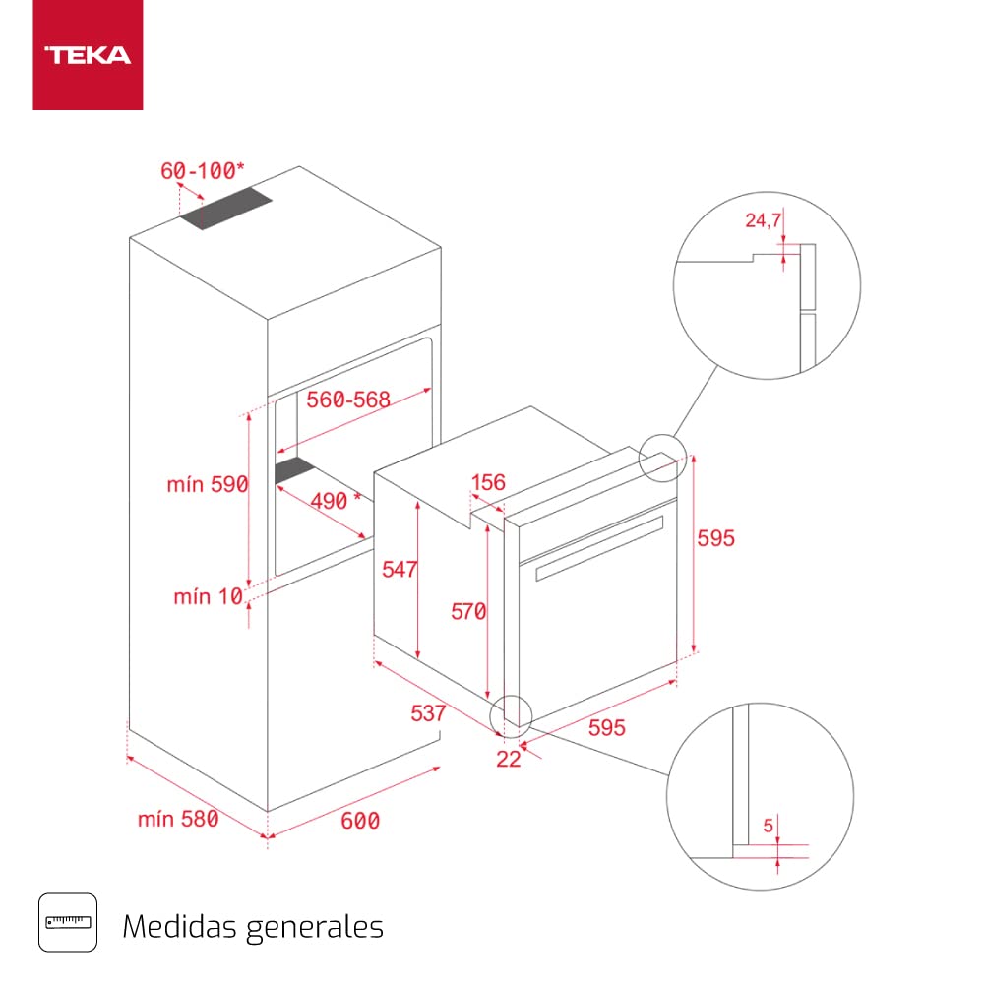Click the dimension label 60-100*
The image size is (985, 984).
point(197,170)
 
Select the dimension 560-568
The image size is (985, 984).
point(347,400)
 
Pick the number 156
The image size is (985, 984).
point(488,482)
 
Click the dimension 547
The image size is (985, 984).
point(400,570)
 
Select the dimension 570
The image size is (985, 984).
point(468,612)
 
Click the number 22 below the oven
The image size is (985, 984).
point(508,758)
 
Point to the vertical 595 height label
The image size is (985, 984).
point(716,538)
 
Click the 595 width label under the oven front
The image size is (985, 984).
point(607,727)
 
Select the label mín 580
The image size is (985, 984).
point(178,819)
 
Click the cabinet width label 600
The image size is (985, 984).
point(359,820)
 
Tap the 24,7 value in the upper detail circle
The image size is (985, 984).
point(762,221)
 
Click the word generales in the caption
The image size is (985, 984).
point(317,927)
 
